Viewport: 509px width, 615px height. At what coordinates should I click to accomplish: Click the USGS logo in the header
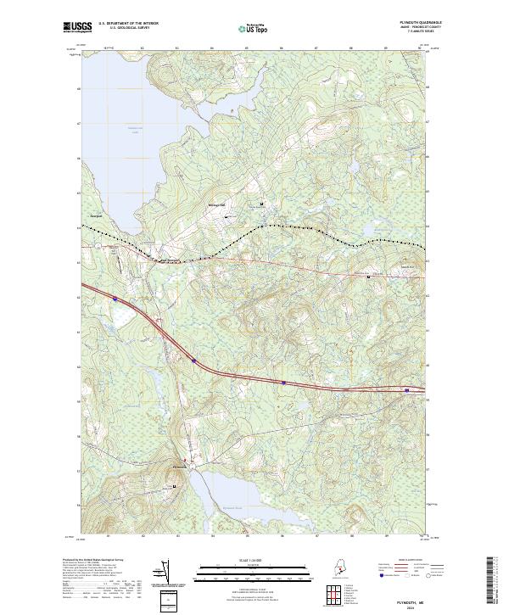click(x=79, y=27)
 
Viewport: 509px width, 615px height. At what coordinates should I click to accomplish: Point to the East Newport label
click(x=167, y=260)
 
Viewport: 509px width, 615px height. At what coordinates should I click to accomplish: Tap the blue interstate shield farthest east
click(x=408, y=390)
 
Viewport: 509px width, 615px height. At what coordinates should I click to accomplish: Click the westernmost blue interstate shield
click(x=115, y=299)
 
